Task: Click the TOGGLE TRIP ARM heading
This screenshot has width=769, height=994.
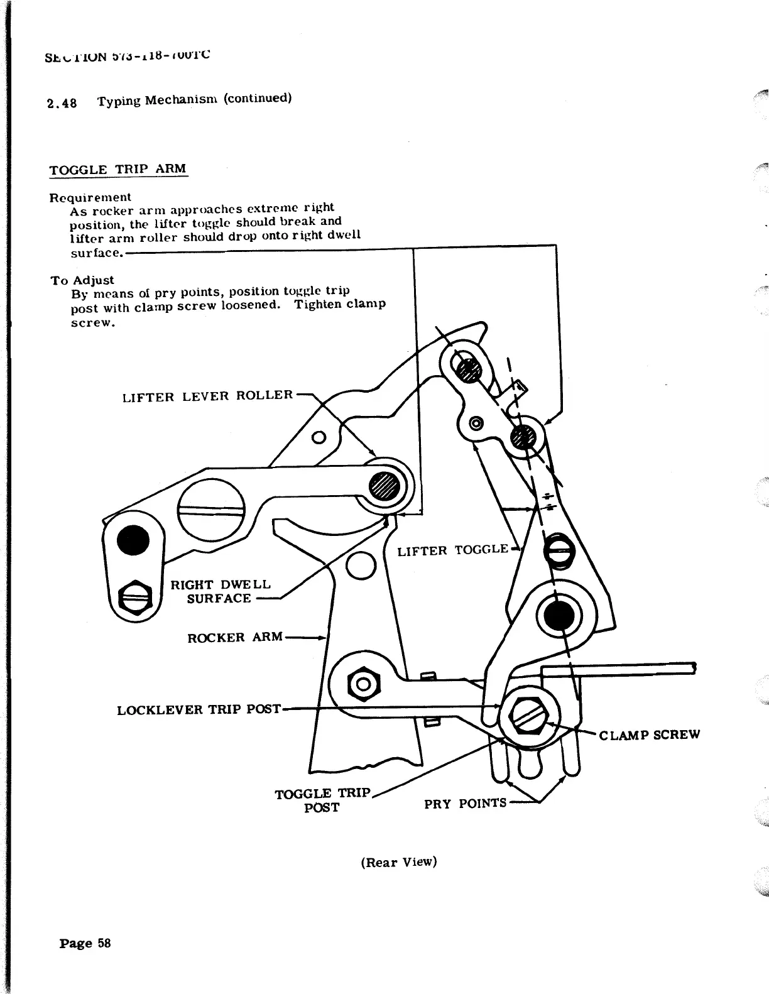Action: click(117, 169)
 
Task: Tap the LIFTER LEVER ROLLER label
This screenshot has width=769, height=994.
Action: click(207, 396)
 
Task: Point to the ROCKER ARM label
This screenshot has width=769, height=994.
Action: click(234, 637)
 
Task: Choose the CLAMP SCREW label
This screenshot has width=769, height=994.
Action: click(649, 735)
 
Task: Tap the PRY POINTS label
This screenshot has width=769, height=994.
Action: click(465, 803)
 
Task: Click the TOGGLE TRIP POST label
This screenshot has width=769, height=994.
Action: click(323, 800)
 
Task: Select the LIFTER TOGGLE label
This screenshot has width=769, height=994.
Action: click(452, 550)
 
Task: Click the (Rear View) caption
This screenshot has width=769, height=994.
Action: click(398, 861)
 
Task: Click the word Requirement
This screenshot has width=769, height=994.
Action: click(90, 197)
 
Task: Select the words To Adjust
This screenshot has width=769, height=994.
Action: click(82, 280)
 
